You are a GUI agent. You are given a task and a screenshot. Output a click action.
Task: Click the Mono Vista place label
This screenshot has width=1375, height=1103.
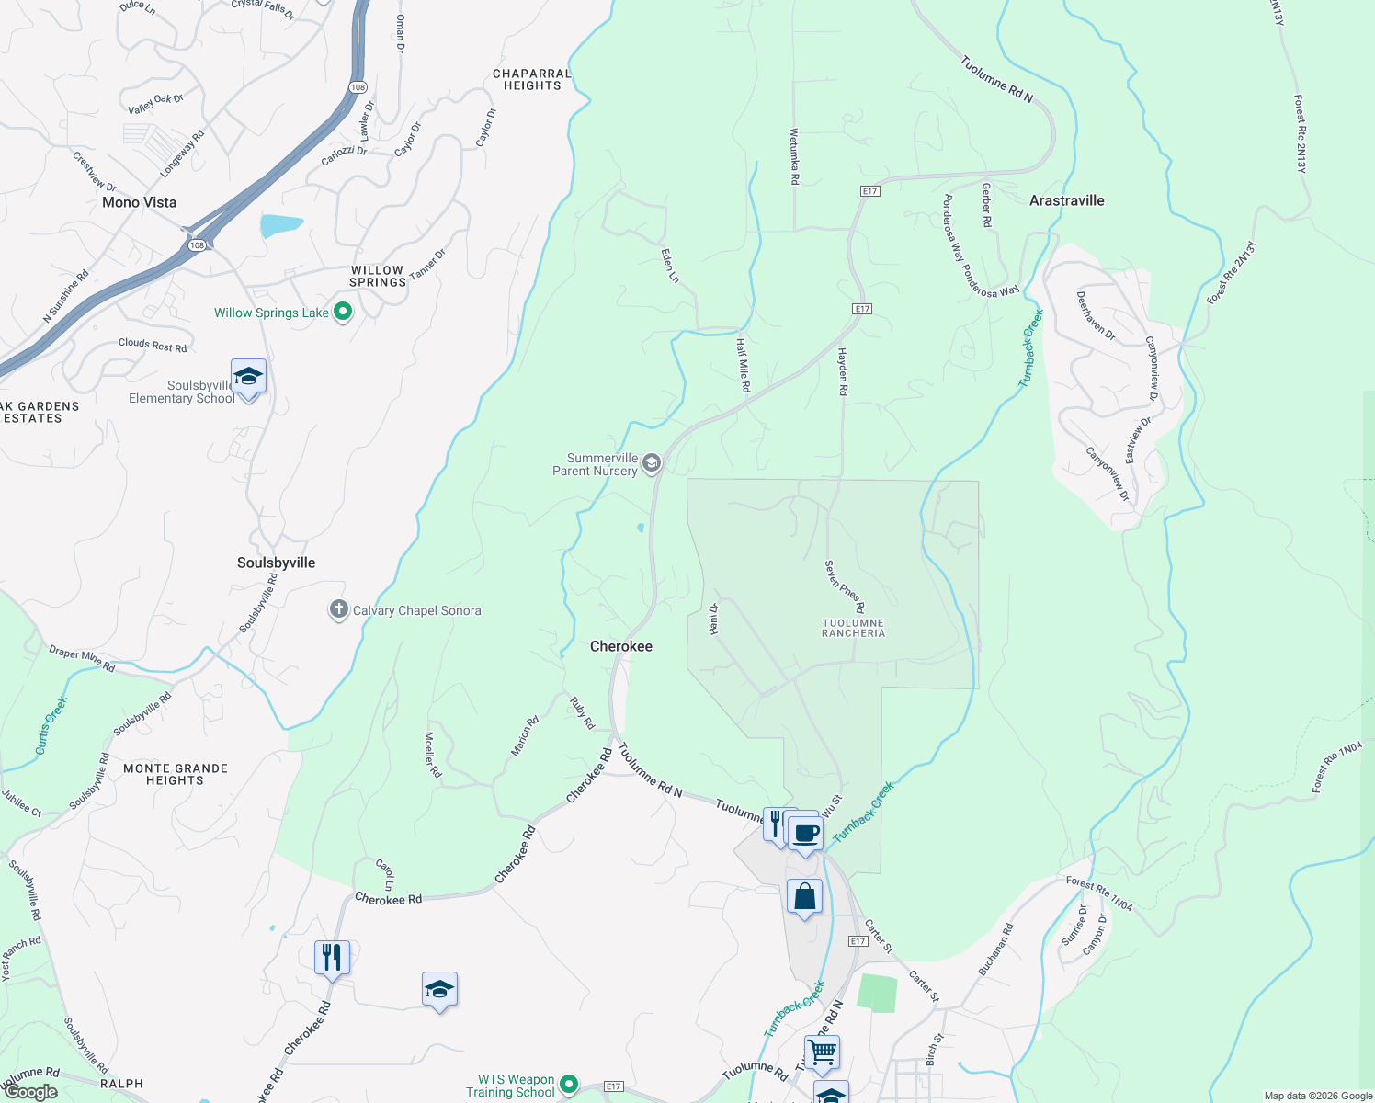click(140, 202)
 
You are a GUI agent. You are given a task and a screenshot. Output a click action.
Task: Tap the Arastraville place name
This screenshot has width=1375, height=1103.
click(1066, 200)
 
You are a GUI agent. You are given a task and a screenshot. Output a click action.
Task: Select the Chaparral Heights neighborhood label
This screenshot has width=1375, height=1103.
click(532, 80)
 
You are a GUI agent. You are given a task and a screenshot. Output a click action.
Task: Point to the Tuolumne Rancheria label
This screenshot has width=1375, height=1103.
click(853, 628)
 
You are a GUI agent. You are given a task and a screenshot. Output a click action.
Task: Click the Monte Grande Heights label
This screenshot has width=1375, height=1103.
click(176, 774)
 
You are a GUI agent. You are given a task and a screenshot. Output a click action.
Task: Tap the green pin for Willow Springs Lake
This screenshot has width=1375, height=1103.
click(343, 312)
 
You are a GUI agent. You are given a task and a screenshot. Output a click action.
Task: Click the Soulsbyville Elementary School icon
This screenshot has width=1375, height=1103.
click(248, 377)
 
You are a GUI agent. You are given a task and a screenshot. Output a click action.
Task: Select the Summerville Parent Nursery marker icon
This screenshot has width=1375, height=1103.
click(652, 462)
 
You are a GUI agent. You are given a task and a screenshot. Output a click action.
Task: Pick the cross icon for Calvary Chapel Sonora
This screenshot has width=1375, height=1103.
click(338, 609)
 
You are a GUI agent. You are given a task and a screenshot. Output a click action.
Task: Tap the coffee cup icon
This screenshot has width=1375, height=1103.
click(806, 834)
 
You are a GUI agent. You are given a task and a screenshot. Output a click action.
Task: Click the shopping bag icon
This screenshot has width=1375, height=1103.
click(804, 896)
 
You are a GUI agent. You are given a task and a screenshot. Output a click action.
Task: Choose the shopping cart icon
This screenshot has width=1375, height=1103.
click(822, 1052)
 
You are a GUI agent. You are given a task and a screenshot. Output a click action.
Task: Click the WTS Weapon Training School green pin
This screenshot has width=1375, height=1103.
click(569, 1086)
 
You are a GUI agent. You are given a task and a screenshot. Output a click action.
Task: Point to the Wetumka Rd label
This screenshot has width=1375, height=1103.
click(794, 156)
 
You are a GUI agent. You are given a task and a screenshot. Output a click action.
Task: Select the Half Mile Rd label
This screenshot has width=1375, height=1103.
click(743, 365)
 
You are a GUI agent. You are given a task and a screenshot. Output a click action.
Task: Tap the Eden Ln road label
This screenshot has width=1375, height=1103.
click(670, 265)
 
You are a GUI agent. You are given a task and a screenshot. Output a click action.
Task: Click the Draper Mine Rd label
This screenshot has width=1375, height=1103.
click(82, 659)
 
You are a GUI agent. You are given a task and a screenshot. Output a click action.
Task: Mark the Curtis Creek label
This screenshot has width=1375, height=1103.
click(51, 725)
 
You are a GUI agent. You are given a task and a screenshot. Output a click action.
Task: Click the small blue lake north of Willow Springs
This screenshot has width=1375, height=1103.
click(280, 224)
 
